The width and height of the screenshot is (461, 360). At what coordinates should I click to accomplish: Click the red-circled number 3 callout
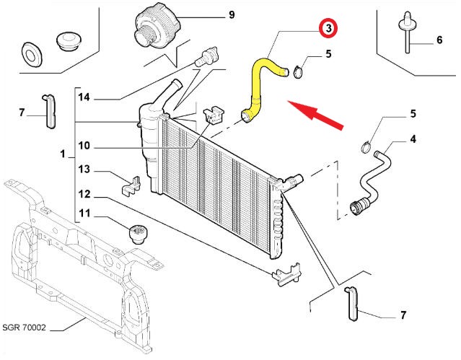coord(329,29)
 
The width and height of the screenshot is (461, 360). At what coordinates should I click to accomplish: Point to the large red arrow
coord(315,114)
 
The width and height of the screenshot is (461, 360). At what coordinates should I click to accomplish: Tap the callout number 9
coord(232,14)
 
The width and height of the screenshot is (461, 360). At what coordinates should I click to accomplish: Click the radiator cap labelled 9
coord(157,27)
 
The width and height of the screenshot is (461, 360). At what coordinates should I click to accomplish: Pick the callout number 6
coord(439,40)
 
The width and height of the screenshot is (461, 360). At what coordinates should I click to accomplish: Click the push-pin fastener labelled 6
coord(407,32)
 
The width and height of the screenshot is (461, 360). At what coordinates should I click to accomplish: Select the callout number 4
coord(413,139)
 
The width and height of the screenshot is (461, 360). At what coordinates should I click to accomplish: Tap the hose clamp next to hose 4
coord(366,147)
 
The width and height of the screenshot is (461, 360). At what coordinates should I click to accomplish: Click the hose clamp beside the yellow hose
coord(298,72)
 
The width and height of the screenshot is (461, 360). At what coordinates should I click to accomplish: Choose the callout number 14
coord(84,97)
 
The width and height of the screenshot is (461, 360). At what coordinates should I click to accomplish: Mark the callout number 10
coord(84,145)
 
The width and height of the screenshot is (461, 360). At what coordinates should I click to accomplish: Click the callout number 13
coord(84,170)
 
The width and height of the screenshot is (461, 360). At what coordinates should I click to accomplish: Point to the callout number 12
coord(84,194)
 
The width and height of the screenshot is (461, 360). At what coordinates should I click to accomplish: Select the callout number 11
coord(84,213)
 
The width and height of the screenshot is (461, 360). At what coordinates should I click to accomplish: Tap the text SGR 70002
coord(24,328)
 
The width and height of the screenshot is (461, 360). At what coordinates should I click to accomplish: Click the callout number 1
coord(62,154)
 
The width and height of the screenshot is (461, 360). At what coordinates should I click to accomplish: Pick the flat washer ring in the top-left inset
coord(32,53)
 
